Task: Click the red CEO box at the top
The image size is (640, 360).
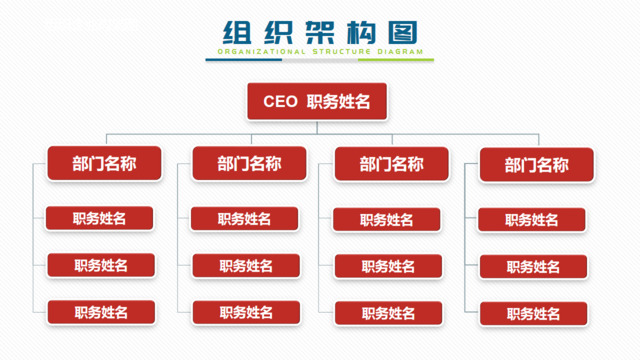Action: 317,101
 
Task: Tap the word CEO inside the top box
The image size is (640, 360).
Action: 280,101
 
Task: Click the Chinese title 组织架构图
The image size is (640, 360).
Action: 319,32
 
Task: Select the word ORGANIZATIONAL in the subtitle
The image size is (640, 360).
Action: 259,51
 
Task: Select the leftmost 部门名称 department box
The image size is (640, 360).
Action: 104,163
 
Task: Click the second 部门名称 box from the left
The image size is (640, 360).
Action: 249,163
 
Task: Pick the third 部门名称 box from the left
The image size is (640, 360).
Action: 391,164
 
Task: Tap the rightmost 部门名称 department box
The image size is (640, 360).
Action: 537,165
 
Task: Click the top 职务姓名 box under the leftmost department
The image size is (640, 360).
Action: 100,218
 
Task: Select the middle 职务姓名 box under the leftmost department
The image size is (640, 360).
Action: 101,265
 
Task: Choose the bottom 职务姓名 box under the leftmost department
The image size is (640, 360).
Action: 101,312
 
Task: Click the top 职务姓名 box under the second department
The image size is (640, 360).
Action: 245,219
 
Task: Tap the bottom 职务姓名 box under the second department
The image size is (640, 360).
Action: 246,313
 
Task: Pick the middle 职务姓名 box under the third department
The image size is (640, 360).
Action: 388,266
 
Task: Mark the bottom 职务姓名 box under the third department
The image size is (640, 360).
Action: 388,313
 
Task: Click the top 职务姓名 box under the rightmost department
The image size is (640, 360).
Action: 532,220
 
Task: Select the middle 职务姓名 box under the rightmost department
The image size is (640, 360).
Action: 533,267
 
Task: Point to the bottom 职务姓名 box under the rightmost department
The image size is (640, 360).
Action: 533,314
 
